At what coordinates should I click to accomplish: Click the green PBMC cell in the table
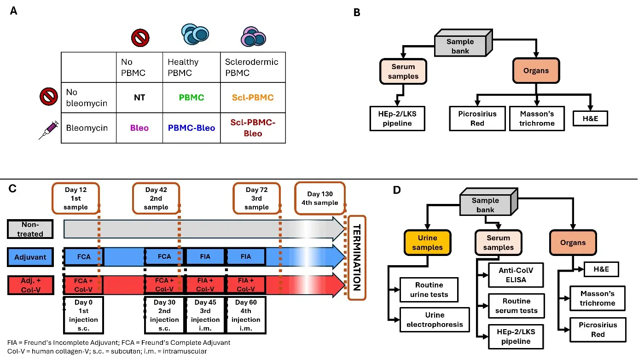pos(191,98)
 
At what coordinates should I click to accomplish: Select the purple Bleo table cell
pos(139,128)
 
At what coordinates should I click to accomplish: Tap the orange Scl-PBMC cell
pos(253,98)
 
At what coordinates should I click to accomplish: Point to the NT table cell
pos(139,98)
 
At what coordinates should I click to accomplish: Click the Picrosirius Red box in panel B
pos(477,118)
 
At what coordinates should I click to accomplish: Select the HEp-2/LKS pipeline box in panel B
pos(398,118)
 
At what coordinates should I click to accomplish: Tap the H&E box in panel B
pos(590,118)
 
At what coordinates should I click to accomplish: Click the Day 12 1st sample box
pos(76,198)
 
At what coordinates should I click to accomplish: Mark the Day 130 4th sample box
pos(320,198)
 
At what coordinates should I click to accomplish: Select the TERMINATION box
pos(357,258)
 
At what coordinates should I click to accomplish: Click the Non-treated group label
pos(30,229)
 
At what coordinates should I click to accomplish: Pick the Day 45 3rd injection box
pos(205,315)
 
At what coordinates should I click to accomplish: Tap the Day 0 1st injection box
pos(83,315)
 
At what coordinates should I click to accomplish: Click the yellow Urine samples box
pos(427,243)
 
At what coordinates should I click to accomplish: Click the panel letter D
pos(397,190)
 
